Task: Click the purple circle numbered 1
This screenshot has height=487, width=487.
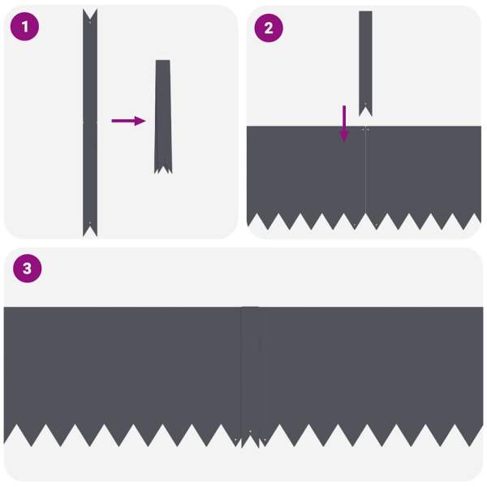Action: [25, 27]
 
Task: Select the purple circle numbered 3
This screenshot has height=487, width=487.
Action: [27, 269]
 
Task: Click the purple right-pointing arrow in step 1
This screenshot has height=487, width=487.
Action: [128, 121]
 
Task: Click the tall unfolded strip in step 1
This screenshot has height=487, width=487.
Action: [89, 122]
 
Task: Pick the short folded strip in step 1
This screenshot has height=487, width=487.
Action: [163, 114]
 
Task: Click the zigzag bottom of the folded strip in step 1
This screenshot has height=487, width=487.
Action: [163, 169]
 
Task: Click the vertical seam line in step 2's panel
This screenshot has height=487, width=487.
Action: [366, 175]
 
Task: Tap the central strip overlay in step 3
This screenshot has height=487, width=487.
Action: [250, 373]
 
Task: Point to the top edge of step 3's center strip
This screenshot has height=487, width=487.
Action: [250, 308]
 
